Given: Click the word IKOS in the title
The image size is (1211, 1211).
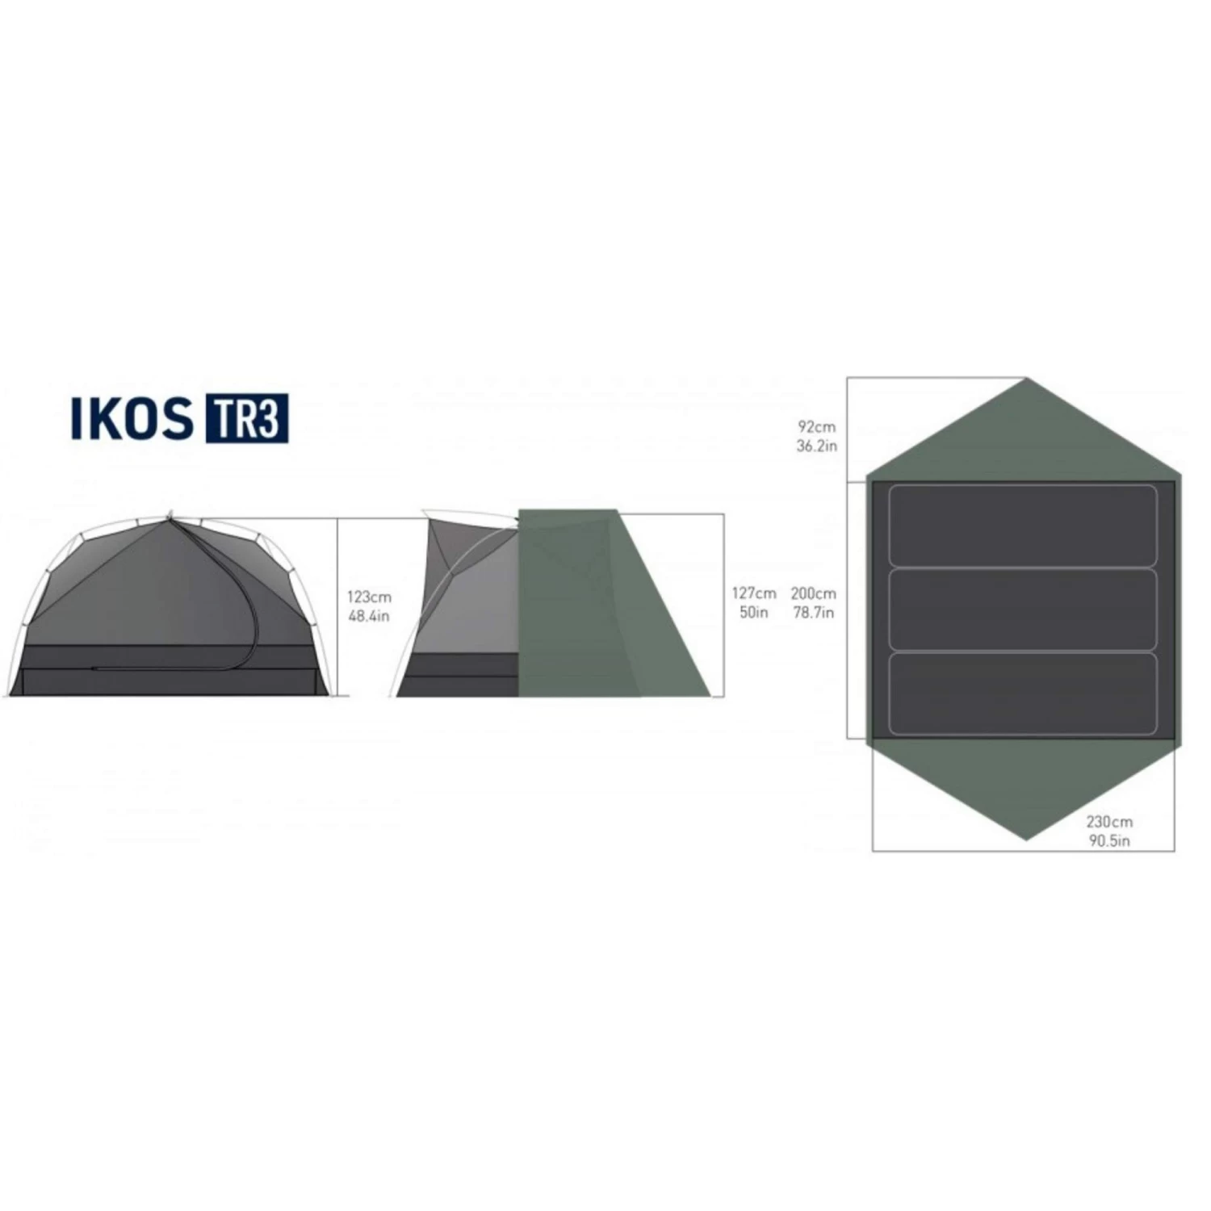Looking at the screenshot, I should coord(132,418).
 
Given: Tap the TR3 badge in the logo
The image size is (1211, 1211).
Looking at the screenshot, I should coord(247,418).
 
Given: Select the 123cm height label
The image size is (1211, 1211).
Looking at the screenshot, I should coord(369,597).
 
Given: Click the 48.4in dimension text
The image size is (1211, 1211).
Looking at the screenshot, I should coord(369,617).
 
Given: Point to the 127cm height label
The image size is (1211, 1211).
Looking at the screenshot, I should coord(754,593).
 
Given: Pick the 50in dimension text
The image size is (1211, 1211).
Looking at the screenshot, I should coord(754,613).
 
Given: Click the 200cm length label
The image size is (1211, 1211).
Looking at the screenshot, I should coord(814,593).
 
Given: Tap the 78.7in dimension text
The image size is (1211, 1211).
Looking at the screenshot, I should coord(814,613).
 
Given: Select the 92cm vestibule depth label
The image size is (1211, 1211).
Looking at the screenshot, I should coord(817,426).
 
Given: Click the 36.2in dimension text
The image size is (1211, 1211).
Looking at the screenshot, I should coord(817,446).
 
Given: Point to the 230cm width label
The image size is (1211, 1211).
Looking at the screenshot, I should coord(1109,822).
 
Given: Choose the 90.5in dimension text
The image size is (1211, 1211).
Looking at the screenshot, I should coord(1109,841).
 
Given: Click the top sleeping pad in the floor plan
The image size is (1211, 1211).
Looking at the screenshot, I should coord(1023,526).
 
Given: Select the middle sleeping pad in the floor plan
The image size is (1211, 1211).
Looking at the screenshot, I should coord(1023,610).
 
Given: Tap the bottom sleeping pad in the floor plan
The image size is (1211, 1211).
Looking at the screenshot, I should coord(1023,693).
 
